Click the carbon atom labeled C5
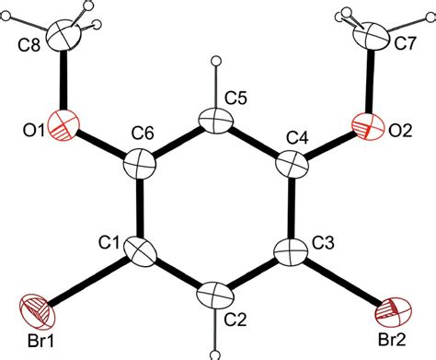click(x=216, y=121)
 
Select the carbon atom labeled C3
click(x=292, y=250)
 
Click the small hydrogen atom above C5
click(x=216, y=62)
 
